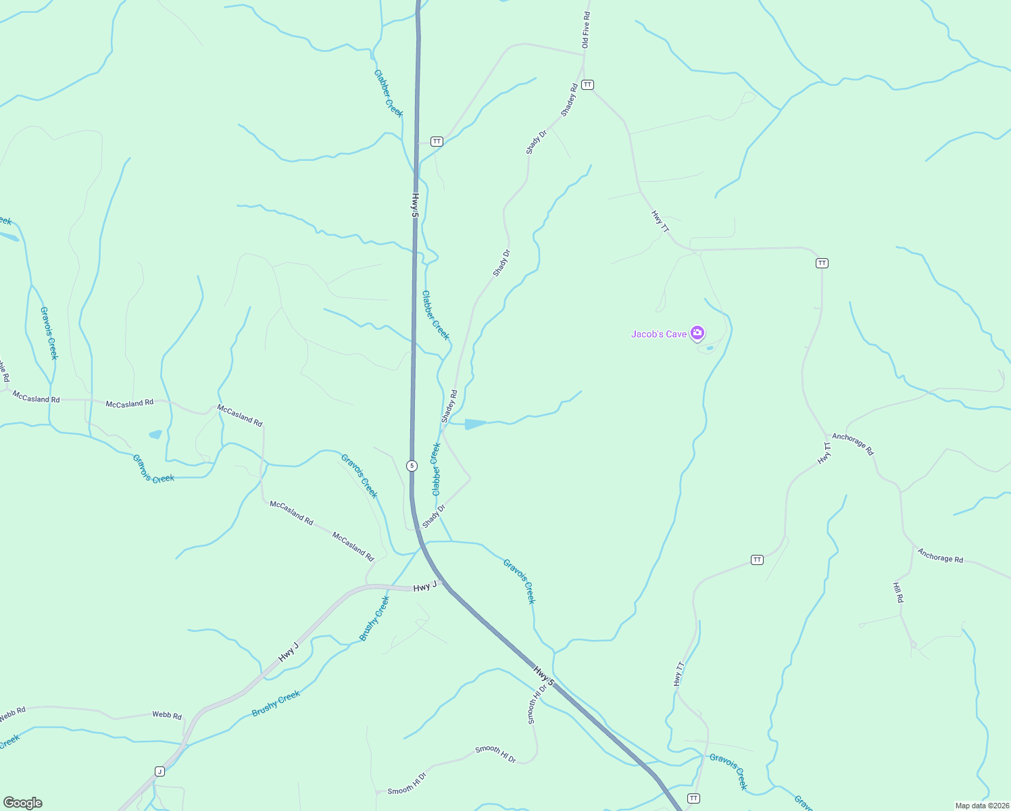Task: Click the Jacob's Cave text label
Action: click(x=658, y=334)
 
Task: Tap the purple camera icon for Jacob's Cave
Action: click(x=697, y=333)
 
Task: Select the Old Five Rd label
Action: click(x=586, y=30)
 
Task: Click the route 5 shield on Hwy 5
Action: click(x=412, y=466)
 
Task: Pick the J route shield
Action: click(x=159, y=771)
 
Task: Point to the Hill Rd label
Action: click(x=898, y=593)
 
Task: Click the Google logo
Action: click(x=23, y=803)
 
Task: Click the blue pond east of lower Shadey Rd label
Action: click(x=475, y=424)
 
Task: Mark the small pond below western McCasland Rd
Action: click(x=155, y=435)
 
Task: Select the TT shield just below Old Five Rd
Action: click(x=587, y=84)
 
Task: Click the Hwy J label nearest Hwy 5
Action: click(x=425, y=587)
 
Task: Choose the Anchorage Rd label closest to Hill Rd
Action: click(x=940, y=555)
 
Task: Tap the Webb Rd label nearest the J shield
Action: click(x=167, y=715)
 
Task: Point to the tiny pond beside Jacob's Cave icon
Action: click(x=709, y=349)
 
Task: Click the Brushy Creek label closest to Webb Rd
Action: click(x=276, y=704)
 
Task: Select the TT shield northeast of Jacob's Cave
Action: click(x=822, y=263)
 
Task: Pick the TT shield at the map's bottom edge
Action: click(x=693, y=798)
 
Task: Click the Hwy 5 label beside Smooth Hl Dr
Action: click(x=543, y=677)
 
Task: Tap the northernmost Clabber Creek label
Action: click(x=389, y=93)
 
